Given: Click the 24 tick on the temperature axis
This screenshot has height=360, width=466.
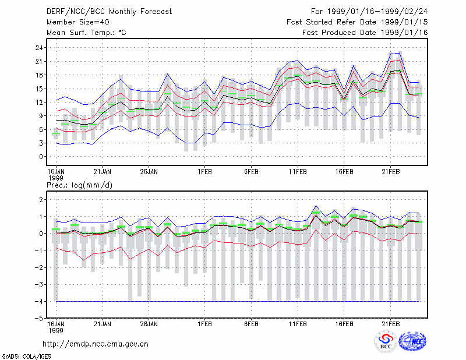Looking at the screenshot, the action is (39, 48).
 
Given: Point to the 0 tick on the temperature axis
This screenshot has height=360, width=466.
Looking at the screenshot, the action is (41, 157).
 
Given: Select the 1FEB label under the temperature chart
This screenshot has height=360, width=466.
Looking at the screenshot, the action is (204, 172).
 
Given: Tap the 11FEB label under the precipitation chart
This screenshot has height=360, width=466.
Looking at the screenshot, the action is (298, 324).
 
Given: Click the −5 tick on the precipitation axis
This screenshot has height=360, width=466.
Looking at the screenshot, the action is (38, 319).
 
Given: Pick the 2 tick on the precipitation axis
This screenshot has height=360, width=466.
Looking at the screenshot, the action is (41, 199).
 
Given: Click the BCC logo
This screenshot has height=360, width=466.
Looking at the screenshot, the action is (386, 341).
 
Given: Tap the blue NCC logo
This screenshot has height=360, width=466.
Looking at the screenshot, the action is (412, 341).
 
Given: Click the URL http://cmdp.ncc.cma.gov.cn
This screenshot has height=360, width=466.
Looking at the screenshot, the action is (96, 344).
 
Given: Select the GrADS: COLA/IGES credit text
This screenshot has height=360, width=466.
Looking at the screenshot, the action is (27, 357).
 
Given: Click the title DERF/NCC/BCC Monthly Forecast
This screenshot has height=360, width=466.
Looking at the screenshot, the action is (109, 12).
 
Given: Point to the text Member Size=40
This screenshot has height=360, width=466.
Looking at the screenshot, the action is (78, 22).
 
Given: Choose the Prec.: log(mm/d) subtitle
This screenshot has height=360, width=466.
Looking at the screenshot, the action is (79, 185).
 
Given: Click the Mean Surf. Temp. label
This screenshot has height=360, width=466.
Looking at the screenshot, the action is (86, 33).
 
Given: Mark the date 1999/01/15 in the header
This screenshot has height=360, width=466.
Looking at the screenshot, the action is (404, 22).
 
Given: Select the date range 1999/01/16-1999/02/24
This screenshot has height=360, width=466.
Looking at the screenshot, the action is (377, 12).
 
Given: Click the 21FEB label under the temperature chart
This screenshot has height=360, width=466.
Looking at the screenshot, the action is (390, 172).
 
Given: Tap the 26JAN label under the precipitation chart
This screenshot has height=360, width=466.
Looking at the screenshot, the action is (149, 324).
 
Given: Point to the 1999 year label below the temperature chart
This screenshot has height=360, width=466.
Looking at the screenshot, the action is (56, 178).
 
